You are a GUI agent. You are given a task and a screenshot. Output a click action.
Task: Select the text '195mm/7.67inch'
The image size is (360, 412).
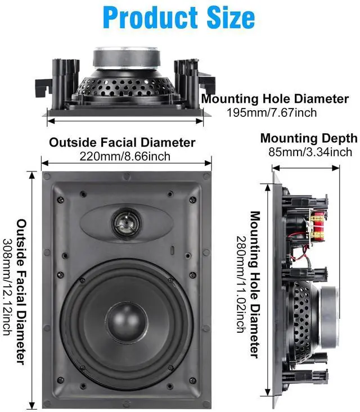pos(271,113)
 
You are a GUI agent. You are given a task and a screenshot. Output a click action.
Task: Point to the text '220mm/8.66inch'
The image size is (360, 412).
pos(125,156)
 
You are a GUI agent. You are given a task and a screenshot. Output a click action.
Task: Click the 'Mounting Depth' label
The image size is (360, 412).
pos(308,138)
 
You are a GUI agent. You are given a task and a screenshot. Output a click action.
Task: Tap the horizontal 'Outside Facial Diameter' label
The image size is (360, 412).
pos(122,142)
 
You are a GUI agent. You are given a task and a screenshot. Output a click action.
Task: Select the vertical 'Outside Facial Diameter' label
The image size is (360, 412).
pos(21,292)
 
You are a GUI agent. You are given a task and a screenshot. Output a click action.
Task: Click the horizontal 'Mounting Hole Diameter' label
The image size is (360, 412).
pos(276,99)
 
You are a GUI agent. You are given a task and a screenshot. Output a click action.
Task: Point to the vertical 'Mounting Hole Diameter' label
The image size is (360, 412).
pos(255,284)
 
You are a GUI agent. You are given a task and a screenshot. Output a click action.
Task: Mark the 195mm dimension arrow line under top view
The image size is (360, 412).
pos(124,120)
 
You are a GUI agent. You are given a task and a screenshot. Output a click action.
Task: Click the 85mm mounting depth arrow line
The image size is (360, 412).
pos(306,167)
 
